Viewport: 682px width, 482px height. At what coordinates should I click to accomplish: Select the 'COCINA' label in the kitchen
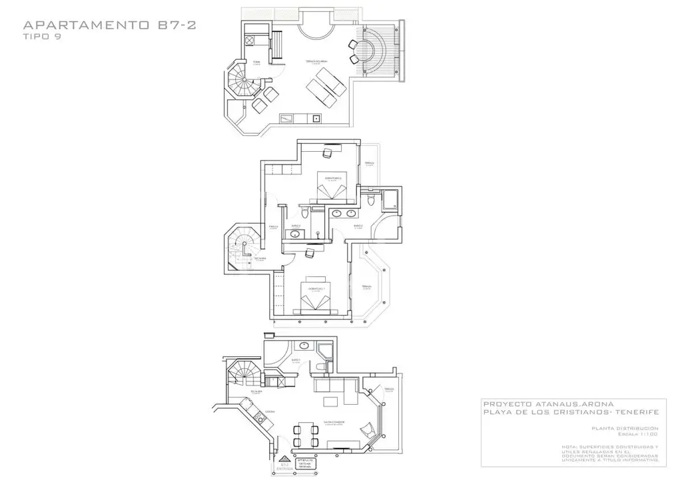tap(269, 412)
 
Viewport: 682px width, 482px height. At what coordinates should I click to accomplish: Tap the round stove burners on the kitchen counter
tap(256, 421)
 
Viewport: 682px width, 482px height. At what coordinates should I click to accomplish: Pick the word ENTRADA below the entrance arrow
tap(285, 468)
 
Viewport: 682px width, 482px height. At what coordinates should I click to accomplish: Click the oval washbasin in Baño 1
tap(304, 346)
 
